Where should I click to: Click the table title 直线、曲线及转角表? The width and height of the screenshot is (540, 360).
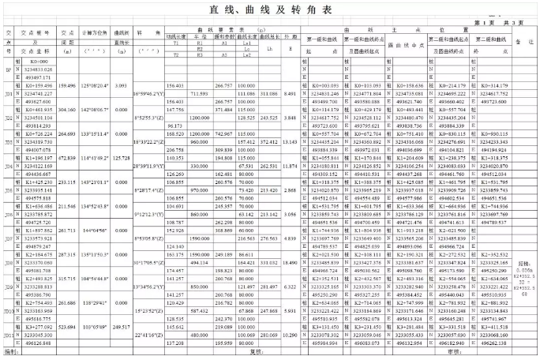271,9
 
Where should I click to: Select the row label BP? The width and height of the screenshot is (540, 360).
9,69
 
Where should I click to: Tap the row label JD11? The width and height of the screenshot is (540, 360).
9,335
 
